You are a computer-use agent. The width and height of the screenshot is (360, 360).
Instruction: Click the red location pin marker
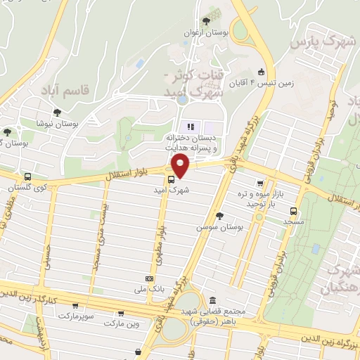pos(181,166)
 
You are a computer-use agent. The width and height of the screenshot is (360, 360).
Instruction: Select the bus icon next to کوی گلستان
pos(27,177)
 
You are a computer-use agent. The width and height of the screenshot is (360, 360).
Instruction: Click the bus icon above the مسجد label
pos(293,210)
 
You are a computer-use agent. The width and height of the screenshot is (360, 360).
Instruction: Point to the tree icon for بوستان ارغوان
pos(205,22)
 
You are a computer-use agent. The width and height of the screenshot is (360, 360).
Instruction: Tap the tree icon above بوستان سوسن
pos(219,215)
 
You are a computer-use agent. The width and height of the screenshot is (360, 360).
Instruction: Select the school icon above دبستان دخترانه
pos(189,127)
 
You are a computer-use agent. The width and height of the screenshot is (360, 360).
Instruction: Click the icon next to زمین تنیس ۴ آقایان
pos(261,71)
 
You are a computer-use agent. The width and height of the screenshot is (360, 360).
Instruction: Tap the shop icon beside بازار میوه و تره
pos(261,181)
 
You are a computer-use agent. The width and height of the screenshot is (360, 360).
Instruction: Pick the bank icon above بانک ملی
pos(148,278)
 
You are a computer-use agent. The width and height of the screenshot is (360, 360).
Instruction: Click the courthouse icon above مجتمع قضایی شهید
pos(212,300)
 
